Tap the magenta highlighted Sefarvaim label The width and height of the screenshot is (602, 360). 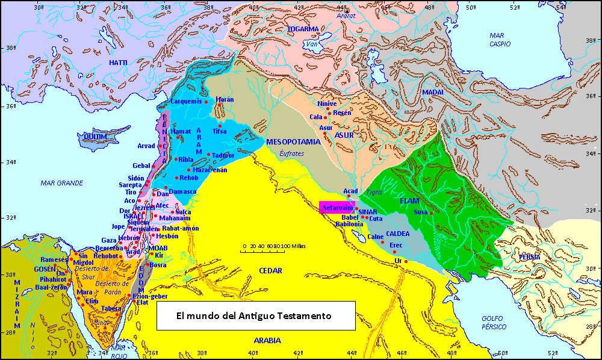[337, 207]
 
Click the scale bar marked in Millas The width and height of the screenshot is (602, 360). [275, 250]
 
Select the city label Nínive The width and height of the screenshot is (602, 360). [327, 104]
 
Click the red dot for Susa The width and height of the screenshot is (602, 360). [431, 213]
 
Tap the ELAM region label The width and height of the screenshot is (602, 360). [409, 200]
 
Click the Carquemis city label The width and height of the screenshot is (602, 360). [186, 101]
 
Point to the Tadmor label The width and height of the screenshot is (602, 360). [223, 155]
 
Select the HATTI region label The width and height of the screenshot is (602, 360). [118, 63]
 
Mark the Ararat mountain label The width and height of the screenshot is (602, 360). [347, 16]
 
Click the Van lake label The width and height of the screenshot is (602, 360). [311, 44]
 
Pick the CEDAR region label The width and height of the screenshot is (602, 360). [270, 271]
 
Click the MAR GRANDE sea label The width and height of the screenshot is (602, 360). [62, 182]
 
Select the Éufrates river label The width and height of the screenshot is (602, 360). [292, 154]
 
